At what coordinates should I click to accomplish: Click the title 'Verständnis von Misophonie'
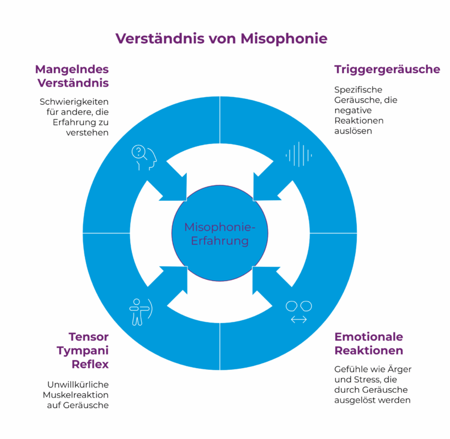[221, 39]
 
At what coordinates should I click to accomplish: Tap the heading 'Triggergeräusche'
[387, 70]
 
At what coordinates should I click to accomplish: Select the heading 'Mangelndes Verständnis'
[71, 76]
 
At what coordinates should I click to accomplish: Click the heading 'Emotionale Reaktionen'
[369, 344]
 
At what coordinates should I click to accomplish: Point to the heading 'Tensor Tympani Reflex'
[83, 351]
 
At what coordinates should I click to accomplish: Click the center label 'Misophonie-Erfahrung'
[220, 234]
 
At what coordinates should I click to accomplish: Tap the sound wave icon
[299, 155]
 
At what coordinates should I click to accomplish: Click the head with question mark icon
[144, 157]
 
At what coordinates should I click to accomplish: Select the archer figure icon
[141, 312]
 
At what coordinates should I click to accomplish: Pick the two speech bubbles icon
[299, 306]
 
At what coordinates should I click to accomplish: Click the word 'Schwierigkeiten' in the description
[74, 102]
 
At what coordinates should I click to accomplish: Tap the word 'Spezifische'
[358, 90]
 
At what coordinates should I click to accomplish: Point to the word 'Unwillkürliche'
[78, 385]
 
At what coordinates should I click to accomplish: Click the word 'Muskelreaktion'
[76, 395]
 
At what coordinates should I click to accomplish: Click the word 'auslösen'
[353, 131]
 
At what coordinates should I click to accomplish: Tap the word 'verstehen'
[87, 133]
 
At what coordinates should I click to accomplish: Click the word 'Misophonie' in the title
[284, 39]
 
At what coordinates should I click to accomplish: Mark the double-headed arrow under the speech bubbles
[299, 319]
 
